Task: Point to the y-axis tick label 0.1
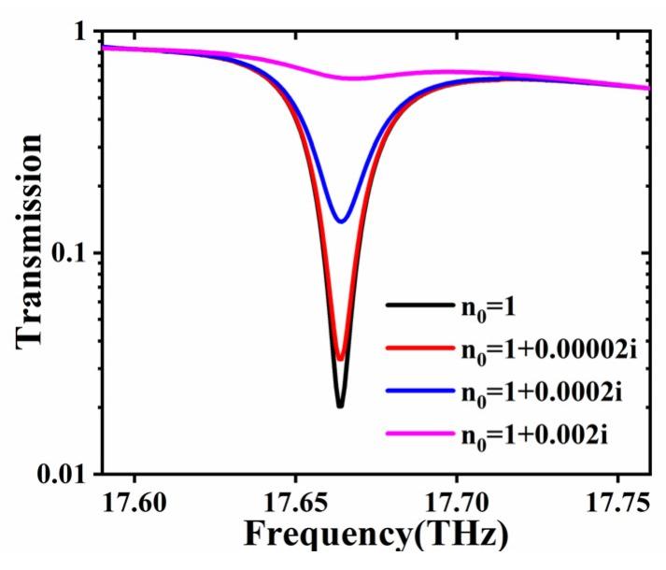tap(69, 253)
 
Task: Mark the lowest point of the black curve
tap(340, 406)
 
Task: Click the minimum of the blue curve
tap(342, 221)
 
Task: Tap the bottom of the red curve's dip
tap(340, 359)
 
